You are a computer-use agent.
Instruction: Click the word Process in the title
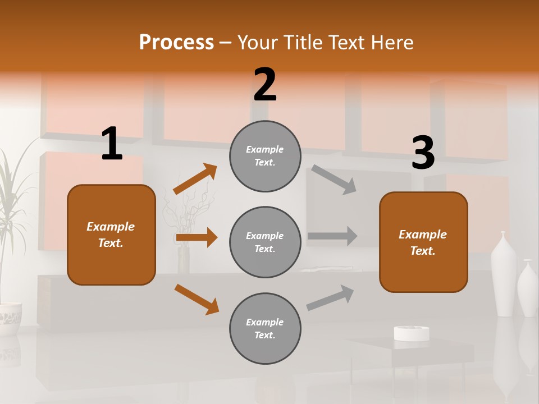pyautogui.click(x=176, y=43)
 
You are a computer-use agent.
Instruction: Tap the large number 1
pyautogui.click(x=112, y=144)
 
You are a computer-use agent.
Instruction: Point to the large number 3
pyautogui.click(x=423, y=153)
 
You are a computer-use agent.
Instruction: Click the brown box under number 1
pyautogui.click(x=111, y=235)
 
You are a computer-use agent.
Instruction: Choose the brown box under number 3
pyautogui.click(x=423, y=242)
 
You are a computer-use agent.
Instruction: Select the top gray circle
pyautogui.click(x=265, y=156)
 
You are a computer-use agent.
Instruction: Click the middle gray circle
pyautogui.click(x=265, y=242)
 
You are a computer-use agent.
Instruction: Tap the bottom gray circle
pyautogui.click(x=265, y=328)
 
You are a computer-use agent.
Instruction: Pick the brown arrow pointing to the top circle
pyautogui.click(x=195, y=179)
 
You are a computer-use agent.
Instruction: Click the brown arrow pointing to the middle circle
pyautogui.click(x=197, y=237)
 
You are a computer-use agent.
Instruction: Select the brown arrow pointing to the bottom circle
pyautogui.click(x=197, y=299)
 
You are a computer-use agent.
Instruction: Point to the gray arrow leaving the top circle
pyautogui.click(x=334, y=180)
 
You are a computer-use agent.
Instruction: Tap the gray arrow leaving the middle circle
pyautogui.click(x=332, y=236)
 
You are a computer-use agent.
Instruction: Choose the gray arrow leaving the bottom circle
pyautogui.click(x=331, y=297)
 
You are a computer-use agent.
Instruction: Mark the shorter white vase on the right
pyautogui.click(x=527, y=289)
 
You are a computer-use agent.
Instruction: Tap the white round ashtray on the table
pyautogui.click(x=412, y=333)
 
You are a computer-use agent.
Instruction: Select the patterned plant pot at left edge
pyautogui.click(x=10, y=319)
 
